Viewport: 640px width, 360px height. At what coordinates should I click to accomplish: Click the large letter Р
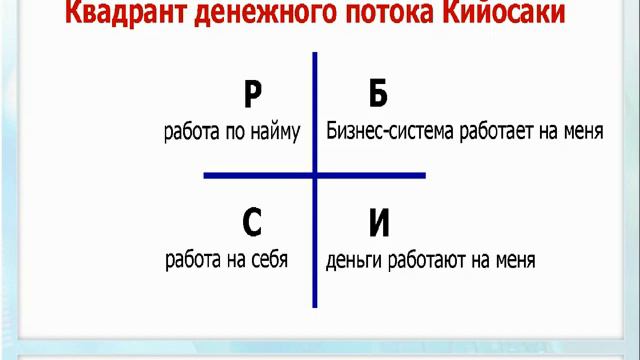[x=253, y=95]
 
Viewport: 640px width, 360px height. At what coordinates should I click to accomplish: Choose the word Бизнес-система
[x=391, y=132]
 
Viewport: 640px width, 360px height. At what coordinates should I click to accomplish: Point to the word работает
[x=497, y=132]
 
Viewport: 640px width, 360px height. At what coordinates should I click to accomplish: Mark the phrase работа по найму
[x=232, y=132]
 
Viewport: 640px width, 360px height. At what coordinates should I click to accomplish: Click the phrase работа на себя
[x=227, y=261]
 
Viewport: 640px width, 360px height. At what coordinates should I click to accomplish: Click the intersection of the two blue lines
[x=315, y=176]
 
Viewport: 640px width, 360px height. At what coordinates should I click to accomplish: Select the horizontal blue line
[x=250, y=176]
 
